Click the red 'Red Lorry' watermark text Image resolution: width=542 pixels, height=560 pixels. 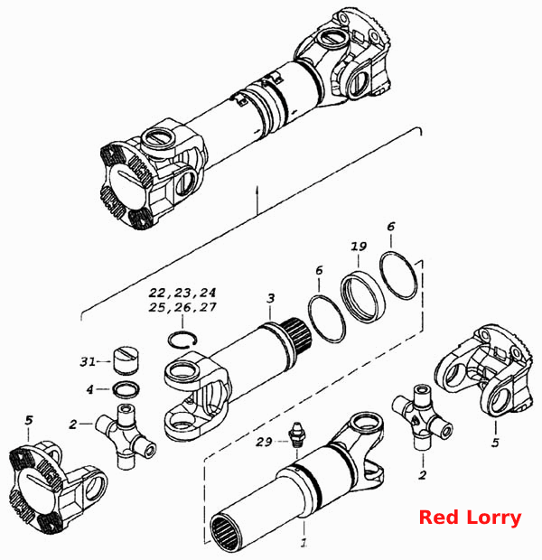470,518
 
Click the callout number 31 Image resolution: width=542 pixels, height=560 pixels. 88,362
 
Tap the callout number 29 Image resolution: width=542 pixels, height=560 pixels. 264,442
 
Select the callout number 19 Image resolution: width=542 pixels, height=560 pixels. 359,247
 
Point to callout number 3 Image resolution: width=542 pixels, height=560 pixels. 271,298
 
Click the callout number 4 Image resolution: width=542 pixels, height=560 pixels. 89,389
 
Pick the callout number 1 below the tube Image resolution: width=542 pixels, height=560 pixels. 304,542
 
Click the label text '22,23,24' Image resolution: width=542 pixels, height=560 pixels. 182,293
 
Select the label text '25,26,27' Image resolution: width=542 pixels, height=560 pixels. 182,307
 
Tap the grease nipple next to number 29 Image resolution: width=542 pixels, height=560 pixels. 295,434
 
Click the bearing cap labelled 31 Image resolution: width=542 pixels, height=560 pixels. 126,361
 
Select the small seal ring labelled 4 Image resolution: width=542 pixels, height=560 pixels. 126,389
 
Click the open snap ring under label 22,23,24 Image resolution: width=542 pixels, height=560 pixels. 182,339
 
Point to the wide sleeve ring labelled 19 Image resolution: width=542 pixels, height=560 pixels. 361,296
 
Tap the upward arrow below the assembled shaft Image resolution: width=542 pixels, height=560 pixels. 257,200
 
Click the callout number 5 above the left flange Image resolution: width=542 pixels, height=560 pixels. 29,420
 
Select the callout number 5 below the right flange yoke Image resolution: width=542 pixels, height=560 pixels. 495,443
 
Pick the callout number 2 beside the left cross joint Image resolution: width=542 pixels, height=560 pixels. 73,425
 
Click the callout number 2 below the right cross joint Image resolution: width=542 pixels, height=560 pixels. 423,475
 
